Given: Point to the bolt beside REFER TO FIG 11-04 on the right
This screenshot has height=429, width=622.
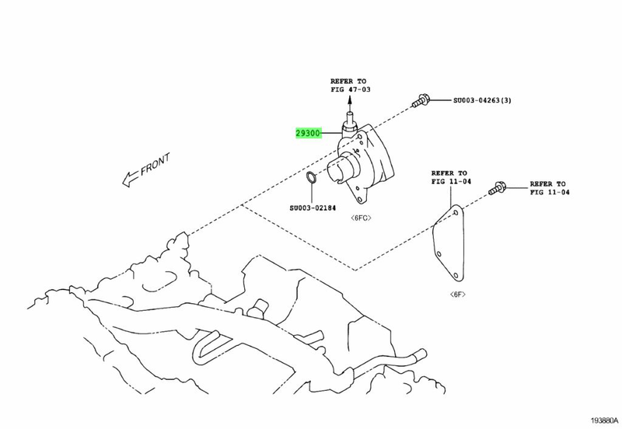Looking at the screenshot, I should click(x=498, y=187).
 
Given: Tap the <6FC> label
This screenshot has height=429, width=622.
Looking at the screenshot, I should click(x=361, y=217).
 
